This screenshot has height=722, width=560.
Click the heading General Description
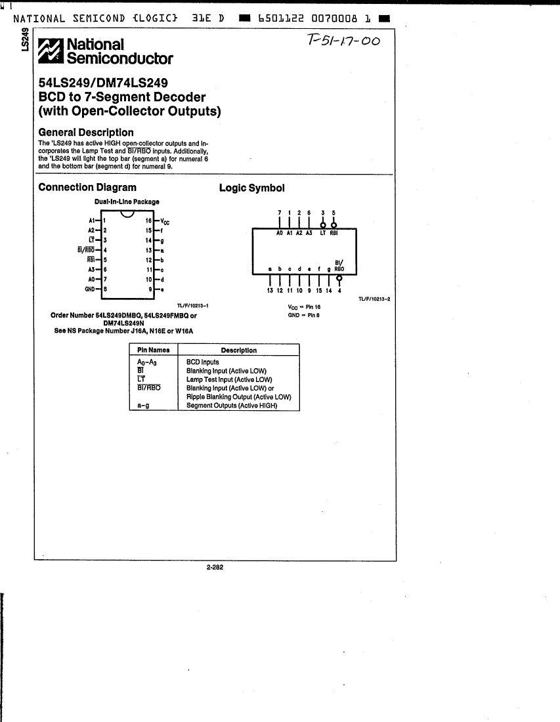(86, 132)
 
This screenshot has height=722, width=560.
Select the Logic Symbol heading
(251, 188)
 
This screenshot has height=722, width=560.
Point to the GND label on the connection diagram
(90, 288)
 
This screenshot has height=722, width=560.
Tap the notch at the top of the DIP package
(127, 215)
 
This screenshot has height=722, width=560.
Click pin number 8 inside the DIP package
(105, 288)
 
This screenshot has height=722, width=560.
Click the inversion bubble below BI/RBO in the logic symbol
(339, 277)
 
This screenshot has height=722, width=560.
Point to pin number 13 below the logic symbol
(270, 290)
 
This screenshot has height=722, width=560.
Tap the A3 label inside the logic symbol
(309, 233)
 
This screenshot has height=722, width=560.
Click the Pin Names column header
(153, 350)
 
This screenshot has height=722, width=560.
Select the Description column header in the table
(238, 350)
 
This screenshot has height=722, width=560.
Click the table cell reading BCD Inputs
(203, 362)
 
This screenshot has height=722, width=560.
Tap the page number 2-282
(215, 568)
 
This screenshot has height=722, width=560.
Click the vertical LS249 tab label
(25, 40)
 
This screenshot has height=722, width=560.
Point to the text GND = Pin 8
(303, 315)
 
